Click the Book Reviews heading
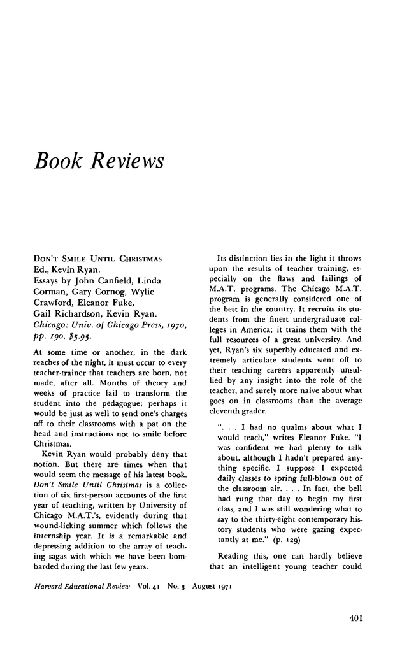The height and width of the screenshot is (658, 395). (98, 161)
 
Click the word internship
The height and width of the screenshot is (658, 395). (54, 537)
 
